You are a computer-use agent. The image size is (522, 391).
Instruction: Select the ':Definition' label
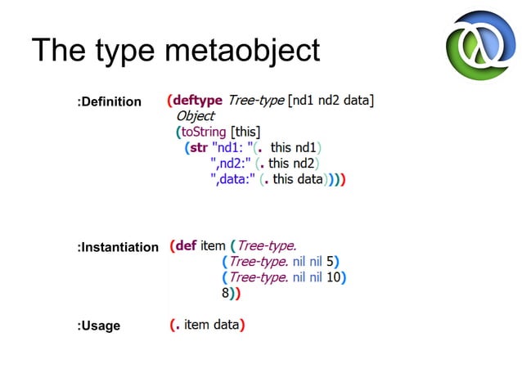(x=109, y=102)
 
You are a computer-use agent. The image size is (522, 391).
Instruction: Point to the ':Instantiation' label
(x=118, y=247)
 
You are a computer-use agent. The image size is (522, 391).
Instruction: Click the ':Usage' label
(x=98, y=326)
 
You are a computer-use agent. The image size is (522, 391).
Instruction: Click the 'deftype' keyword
(x=198, y=101)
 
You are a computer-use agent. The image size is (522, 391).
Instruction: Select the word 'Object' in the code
(x=195, y=116)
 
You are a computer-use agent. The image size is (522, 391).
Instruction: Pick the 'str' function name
(x=199, y=147)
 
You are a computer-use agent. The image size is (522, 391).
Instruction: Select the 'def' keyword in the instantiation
(x=185, y=245)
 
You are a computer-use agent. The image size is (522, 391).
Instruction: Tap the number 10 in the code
(x=333, y=277)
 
